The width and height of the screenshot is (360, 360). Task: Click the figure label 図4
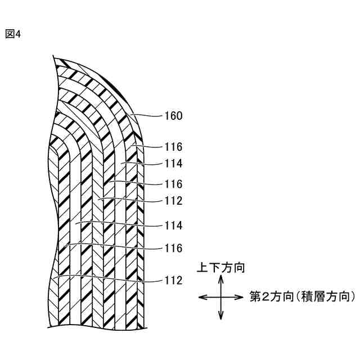click(x=13, y=34)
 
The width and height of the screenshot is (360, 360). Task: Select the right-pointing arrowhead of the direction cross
click(x=240, y=297)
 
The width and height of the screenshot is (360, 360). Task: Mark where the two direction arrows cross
click(x=220, y=297)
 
